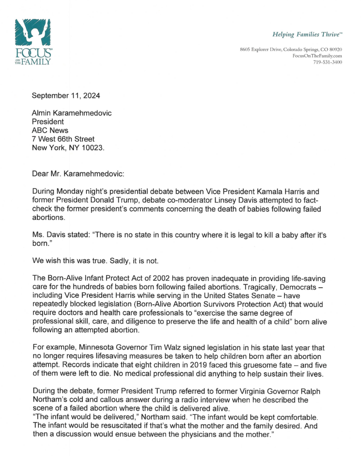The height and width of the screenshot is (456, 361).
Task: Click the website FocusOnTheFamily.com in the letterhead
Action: (x=317, y=55)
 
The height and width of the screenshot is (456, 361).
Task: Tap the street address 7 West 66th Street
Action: (x=63, y=139)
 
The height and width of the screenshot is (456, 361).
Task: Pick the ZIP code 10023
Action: (x=93, y=148)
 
